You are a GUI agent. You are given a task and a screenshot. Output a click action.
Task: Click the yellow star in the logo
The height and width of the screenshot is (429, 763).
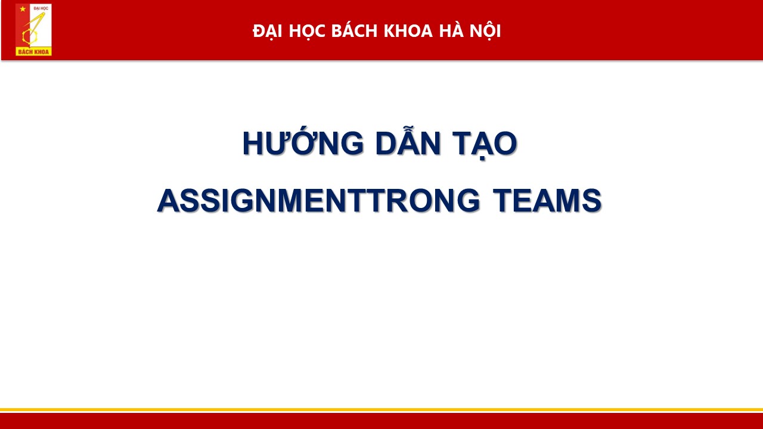pyautogui.click(x=23, y=9)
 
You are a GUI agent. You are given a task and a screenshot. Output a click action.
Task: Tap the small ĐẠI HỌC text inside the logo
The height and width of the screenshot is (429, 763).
pyautogui.click(x=41, y=8)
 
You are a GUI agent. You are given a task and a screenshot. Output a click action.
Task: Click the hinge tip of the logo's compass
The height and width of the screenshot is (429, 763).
pyautogui.click(x=44, y=13)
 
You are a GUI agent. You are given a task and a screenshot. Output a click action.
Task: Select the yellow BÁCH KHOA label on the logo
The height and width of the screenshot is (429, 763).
pyautogui.click(x=33, y=52)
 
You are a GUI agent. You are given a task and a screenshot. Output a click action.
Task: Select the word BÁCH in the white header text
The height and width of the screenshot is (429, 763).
pyautogui.click(x=354, y=30)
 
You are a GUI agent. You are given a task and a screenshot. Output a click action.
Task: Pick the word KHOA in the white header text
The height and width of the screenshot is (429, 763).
pyautogui.click(x=408, y=31)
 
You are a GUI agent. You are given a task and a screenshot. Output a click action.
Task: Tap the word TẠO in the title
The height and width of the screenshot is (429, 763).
pyautogui.click(x=485, y=144)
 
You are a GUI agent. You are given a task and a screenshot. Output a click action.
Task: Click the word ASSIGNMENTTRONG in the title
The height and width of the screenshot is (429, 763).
pyautogui.click(x=318, y=201)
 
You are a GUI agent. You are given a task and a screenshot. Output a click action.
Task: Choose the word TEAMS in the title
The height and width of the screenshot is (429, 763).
pyautogui.click(x=547, y=201)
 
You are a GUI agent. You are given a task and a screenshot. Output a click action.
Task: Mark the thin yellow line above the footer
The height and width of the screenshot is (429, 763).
pyautogui.click(x=381, y=409)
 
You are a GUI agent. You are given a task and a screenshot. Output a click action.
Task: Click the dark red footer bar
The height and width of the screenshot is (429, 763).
pyautogui.click(x=381, y=421)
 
